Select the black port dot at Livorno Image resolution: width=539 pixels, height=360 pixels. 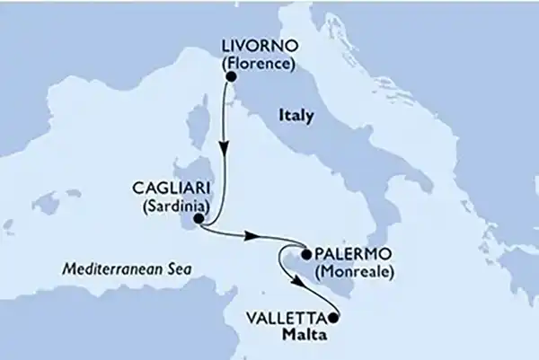click(230, 76)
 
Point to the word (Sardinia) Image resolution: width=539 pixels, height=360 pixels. click(161, 206)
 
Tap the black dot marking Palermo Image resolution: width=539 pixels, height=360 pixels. click(305, 255)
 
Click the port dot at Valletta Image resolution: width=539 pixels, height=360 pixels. click(334, 316)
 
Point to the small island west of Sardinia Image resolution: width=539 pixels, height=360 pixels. click(46, 206)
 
